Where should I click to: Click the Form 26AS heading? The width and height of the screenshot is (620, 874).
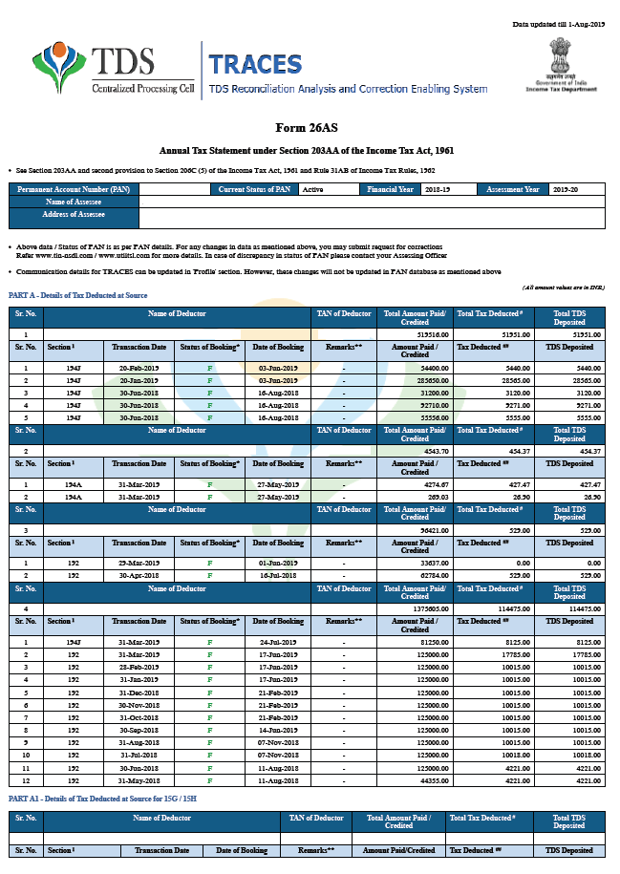(x=307, y=127)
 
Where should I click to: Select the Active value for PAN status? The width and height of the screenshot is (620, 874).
(x=312, y=190)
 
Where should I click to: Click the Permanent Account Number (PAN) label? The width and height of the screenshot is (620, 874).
(x=74, y=190)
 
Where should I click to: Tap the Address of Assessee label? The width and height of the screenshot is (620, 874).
(x=74, y=215)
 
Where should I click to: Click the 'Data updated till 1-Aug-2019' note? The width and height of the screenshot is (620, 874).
(x=559, y=24)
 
